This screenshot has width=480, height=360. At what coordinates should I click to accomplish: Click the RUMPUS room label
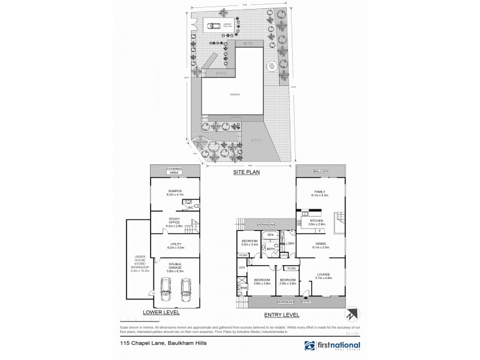click(175, 191)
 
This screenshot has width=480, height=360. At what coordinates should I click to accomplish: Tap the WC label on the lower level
click(190, 208)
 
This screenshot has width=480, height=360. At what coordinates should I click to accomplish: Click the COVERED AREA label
click(174, 171)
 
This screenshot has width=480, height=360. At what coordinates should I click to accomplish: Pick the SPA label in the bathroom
click(271, 235)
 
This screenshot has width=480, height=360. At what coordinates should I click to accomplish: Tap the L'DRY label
click(290, 244)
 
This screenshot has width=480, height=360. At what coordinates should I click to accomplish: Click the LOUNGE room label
click(323, 275)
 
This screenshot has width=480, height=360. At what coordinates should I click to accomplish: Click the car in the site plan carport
click(214, 25)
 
